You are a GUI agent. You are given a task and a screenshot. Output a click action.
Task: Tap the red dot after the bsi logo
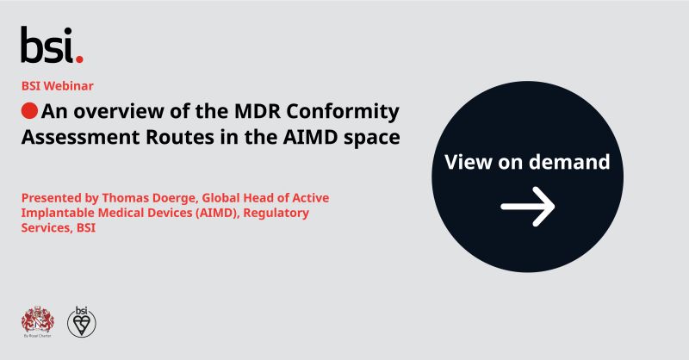(79, 59)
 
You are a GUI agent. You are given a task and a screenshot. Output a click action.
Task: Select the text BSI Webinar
(58, 85)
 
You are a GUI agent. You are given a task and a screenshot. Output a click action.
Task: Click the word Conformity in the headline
(347, 111)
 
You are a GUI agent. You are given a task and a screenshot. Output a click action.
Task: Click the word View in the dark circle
(469, 162)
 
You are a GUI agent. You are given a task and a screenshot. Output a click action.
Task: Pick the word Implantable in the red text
(59, 213)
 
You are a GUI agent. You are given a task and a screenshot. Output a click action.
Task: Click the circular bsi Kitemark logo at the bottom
(82, 320)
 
